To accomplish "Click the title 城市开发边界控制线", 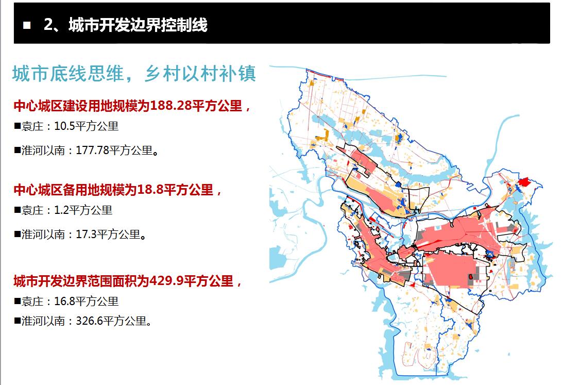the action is pos(138,25).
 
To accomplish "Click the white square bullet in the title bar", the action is pos(27,25).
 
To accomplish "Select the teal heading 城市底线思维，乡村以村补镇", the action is pos(134,74).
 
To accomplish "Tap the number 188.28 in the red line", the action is pos(171,106).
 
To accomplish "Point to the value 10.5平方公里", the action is pos(86,126).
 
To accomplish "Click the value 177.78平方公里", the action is pos(117,150).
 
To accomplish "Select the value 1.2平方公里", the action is pos(83,210).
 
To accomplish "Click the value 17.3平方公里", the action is pos(111,235).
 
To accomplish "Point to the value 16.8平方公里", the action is pos(86,301).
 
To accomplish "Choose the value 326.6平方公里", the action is pos(114,321).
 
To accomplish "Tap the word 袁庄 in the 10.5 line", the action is pos(32,126).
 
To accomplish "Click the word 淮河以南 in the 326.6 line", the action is pos(43,321).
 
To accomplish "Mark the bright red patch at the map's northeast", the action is pos(524,182).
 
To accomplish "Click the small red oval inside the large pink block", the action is pos(471,277).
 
